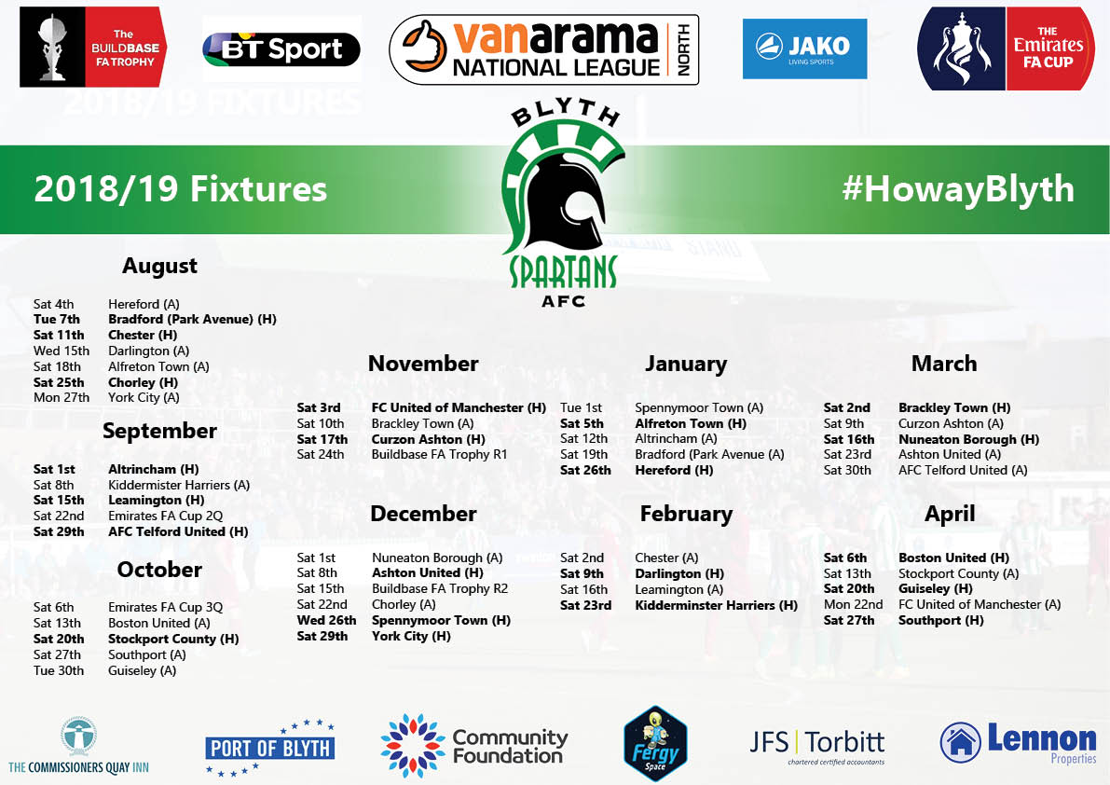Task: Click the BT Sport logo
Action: click(x=281, y=49)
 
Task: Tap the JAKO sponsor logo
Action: click(x=804, y=48)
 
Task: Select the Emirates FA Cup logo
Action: click(x=1006, y=48)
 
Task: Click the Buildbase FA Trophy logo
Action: click(x=93, y=47)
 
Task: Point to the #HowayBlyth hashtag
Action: click(x=958, y=189)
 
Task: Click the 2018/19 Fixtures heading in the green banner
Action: click(x=181, y=189)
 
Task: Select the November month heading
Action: click(x=423, y=363)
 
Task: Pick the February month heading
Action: click(x=686, y=514)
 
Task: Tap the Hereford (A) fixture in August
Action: click(x=144, y=304)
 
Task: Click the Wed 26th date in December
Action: click(x=326, y=620)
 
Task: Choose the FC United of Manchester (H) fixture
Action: click(x=459, y=407)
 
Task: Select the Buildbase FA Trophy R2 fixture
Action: click(x=440, y=589)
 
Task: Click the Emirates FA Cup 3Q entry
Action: click(x=165, y=607)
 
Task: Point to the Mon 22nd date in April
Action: click(x=853, y=604)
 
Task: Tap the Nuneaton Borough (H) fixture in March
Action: click(x=968, y=439)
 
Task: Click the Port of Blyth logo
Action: click(x=269, y=748)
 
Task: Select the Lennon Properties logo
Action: click(x=1018, y=742)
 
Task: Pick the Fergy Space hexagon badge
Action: click(x=655, y=743)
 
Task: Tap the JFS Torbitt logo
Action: click(x=817, y=746)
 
